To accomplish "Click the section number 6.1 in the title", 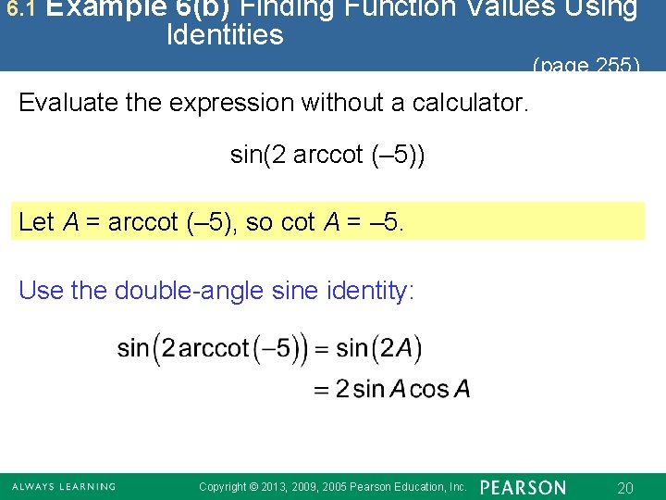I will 19,9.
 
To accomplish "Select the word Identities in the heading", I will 225,36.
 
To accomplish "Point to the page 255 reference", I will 586,65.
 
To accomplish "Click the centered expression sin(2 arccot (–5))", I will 328,155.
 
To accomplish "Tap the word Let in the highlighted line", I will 36,222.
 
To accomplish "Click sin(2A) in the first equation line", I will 378,349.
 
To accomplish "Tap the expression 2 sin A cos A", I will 402,389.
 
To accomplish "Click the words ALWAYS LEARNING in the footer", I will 63,487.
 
